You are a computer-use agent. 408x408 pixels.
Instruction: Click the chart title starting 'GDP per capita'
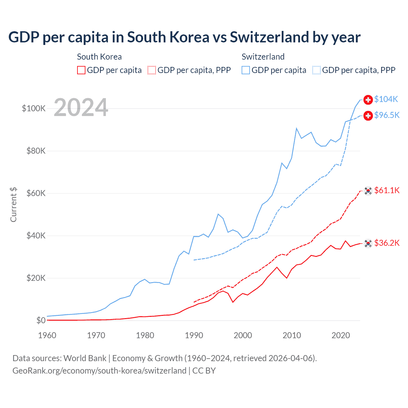[x=184, y=37]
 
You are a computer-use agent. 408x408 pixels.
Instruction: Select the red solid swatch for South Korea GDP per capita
[x=81, y=70]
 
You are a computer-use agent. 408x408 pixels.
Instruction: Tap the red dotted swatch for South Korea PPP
[x=152, y=70]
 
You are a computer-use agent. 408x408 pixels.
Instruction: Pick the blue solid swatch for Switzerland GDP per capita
[x=246, y=70]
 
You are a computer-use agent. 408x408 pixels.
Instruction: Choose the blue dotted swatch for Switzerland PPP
[x=317, y=70]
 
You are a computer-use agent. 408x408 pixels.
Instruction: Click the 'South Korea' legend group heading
[x=99, y=57]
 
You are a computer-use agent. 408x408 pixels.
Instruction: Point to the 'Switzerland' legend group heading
[x=263, y=57]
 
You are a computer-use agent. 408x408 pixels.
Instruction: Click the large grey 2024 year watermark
[x=81, y=108]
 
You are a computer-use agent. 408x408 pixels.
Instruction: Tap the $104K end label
[x=386, y=99]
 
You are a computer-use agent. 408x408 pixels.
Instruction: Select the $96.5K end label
[x=387, y=115]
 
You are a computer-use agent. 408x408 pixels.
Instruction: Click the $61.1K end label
[x=387, y=191]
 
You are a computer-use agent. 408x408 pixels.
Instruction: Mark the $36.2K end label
[x=387, y=243]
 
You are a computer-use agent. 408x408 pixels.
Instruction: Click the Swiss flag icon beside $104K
[x=368, y=100]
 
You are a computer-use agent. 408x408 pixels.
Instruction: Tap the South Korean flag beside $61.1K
[x=368, y=191]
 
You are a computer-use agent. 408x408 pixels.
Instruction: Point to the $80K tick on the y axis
[x=36, y=151]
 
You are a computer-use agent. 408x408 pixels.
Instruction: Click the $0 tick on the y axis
[x=41, y=320]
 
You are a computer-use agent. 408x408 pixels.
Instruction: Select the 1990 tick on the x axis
[x=194, y=335]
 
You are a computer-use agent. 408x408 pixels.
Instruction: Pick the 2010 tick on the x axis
[x=292, y=335]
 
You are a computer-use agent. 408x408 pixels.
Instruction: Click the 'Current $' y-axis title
[x=13, y=205]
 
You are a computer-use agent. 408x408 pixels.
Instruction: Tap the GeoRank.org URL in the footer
[x=99, y=371]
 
